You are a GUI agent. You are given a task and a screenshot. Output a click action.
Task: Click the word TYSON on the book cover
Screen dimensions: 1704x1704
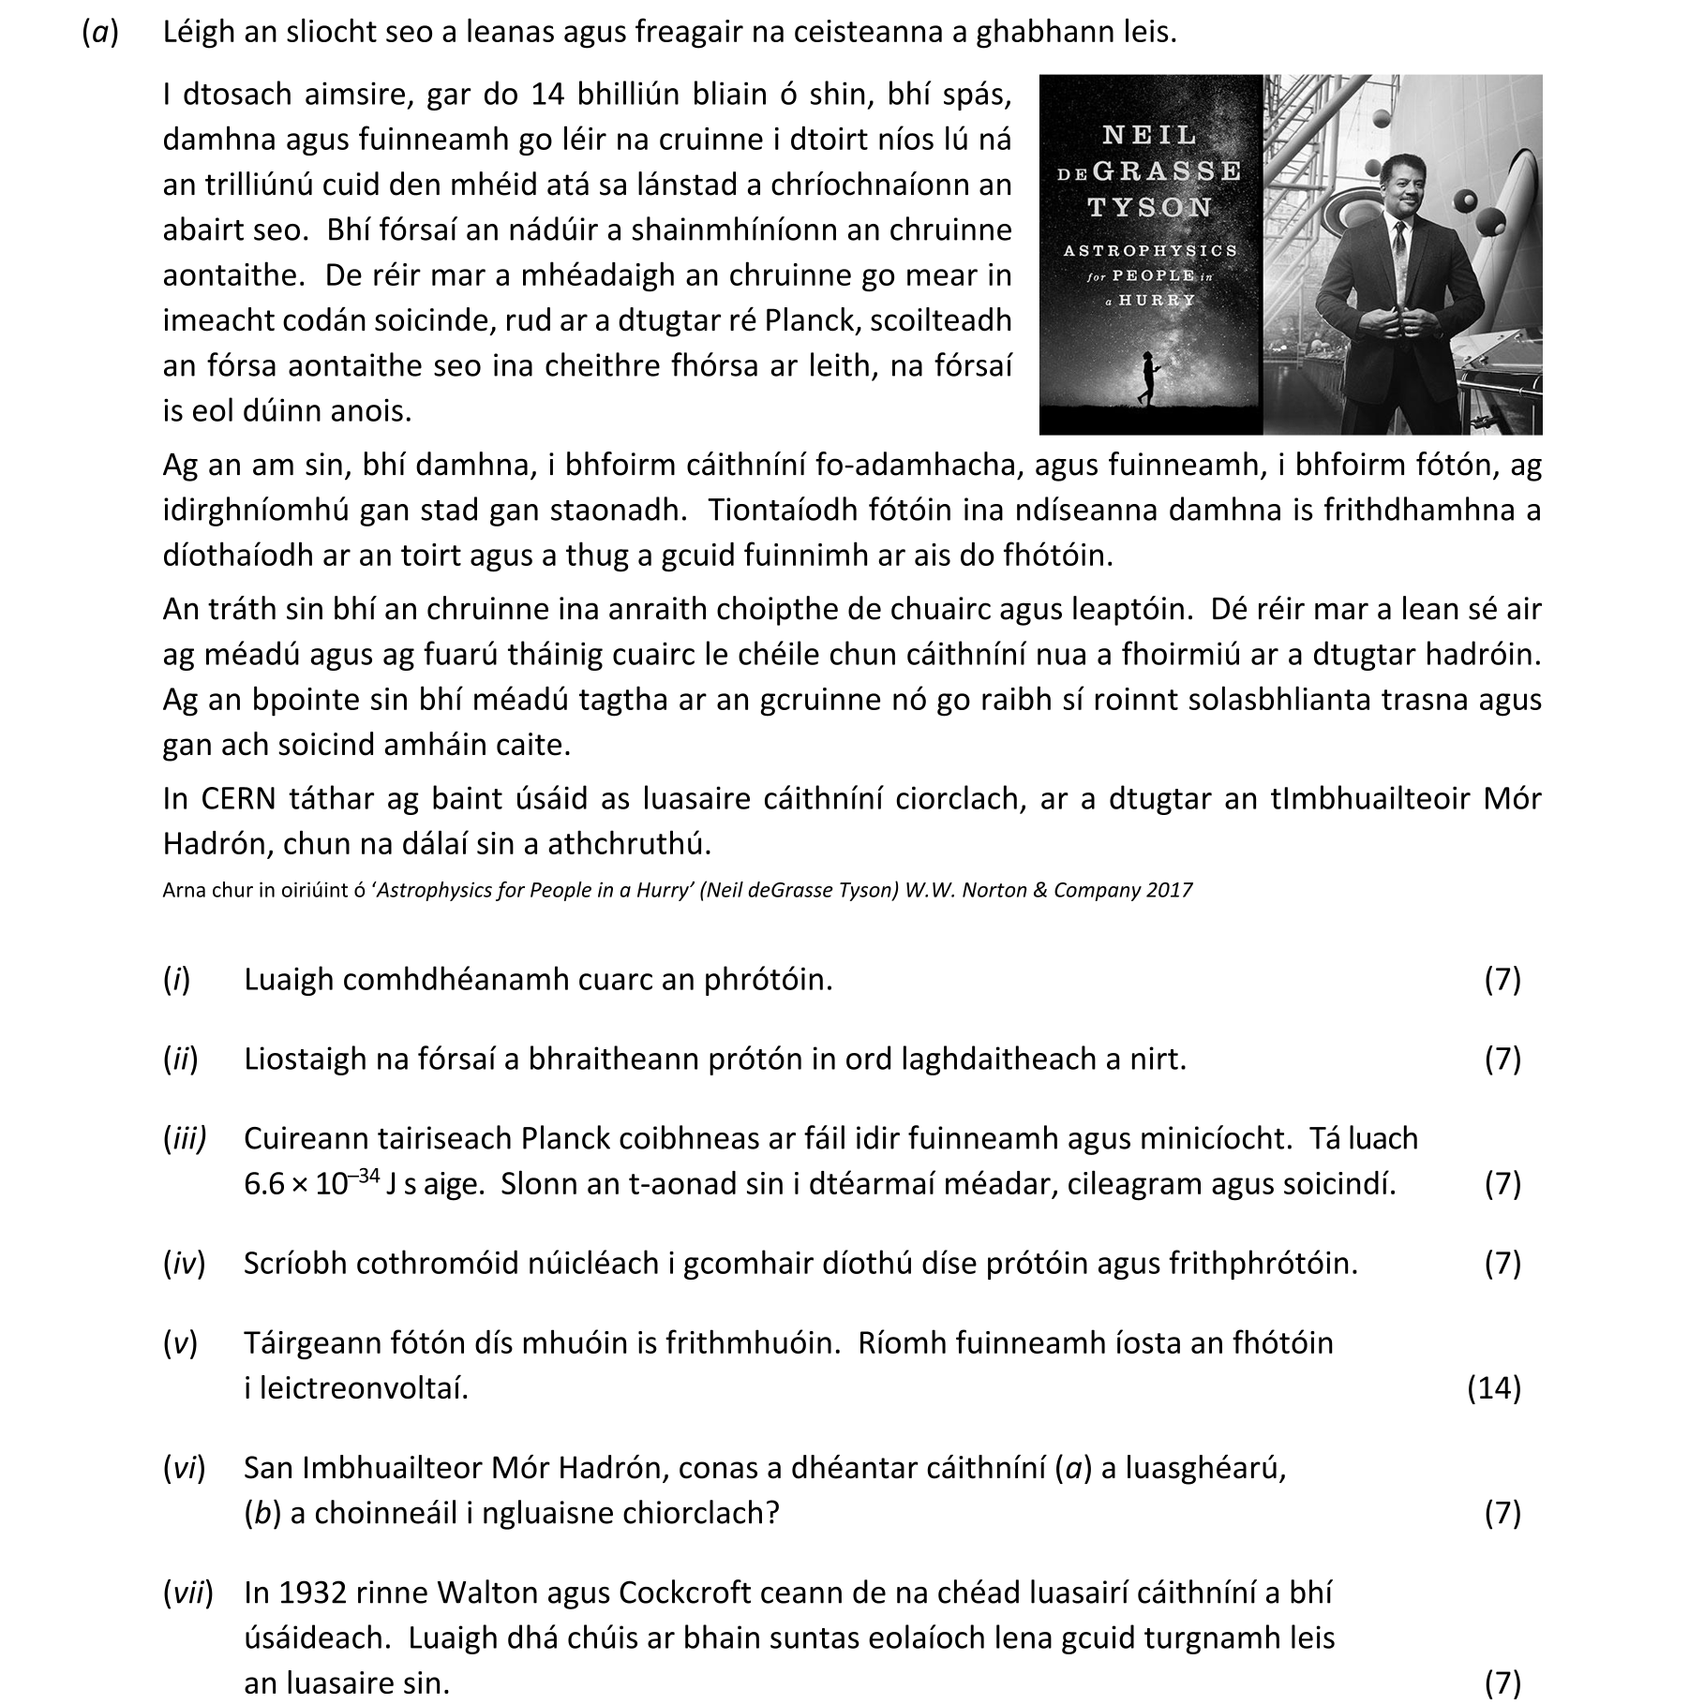[x=1149, y=207]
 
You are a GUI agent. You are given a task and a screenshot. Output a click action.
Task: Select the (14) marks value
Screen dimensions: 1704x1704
[x=1493, y=1387]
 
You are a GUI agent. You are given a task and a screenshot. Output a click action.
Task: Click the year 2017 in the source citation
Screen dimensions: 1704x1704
[x=1169, y=890]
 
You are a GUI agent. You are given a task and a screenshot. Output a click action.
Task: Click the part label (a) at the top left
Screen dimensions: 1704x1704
[x=101, y=33]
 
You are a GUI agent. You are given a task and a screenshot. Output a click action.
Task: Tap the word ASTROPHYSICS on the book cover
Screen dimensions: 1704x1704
[x=1150, y=250]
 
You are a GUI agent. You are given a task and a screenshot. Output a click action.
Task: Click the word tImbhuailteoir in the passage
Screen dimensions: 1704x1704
[x=1370, y=799]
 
